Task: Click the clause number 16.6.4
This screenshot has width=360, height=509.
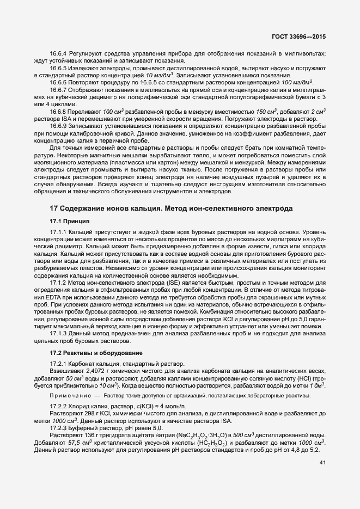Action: (58, 53)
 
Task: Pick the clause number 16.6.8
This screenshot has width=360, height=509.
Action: (58, 111)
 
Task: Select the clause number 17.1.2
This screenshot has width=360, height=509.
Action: (58, 283)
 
